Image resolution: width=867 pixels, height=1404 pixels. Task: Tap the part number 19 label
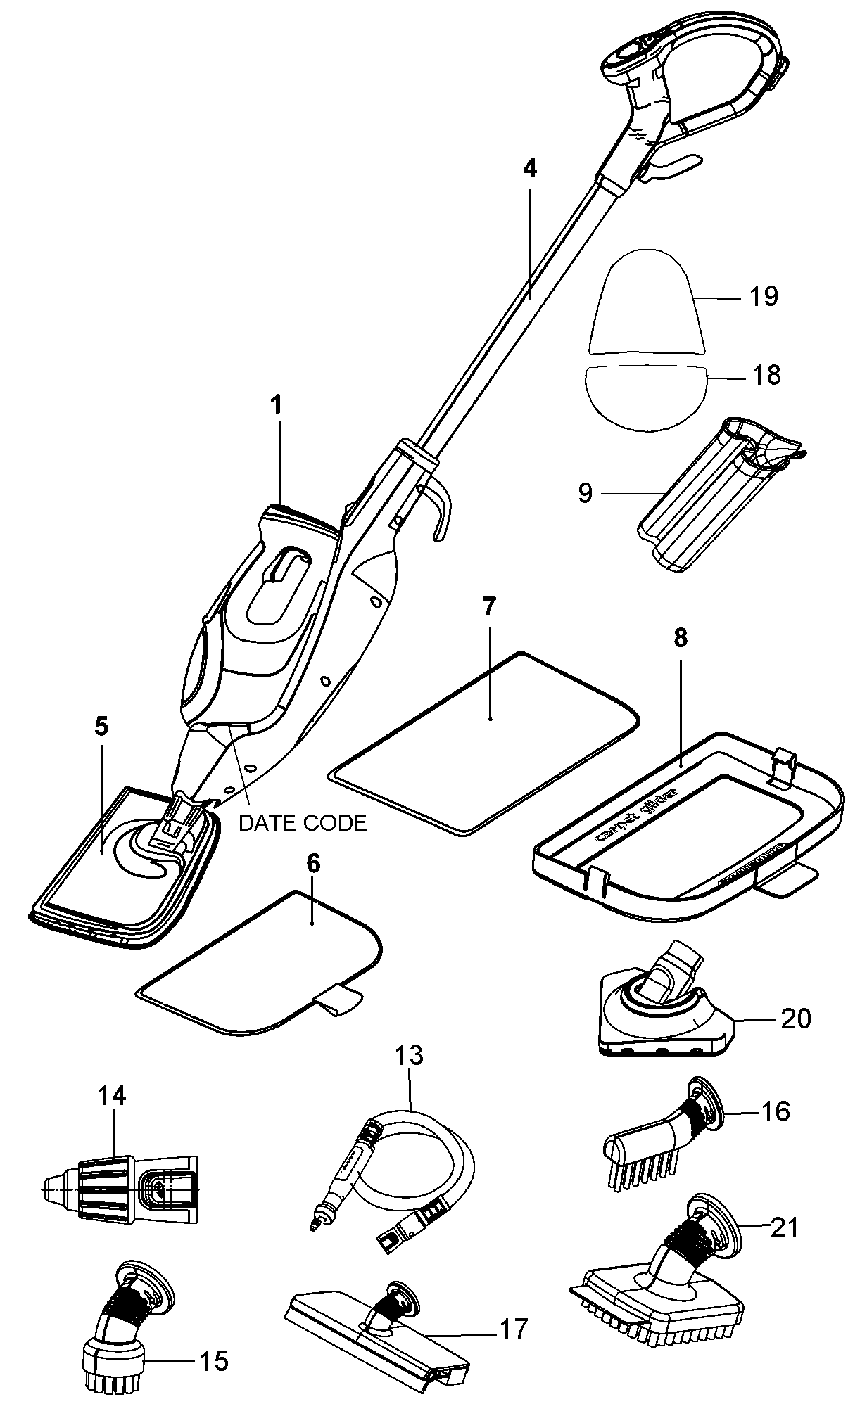[x=763, y=296]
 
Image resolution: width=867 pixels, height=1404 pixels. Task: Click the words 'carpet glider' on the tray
[x=637, y=813]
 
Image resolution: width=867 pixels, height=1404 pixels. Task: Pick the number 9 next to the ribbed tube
[x=586, y=492]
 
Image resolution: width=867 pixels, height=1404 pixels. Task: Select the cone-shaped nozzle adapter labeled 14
[x=120, y=1189]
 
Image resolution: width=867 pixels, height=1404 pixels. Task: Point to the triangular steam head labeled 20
[x=662, y=1013]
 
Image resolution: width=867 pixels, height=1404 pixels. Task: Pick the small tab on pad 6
[x=336, y=999]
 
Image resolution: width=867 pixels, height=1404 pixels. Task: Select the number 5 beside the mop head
[x=102, y=727]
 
